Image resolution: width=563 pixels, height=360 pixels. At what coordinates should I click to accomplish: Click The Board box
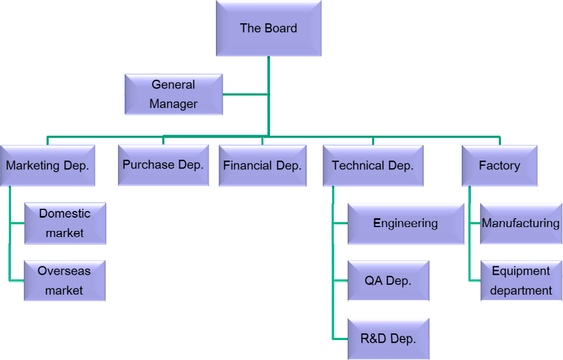(268, 28)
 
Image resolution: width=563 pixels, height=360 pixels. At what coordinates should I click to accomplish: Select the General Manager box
(174, 94)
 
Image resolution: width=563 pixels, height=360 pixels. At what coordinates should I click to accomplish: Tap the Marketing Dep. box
(48, 166)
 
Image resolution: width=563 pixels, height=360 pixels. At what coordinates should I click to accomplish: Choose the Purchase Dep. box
(163, 165)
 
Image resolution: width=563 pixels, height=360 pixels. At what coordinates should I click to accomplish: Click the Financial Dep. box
(262, 166)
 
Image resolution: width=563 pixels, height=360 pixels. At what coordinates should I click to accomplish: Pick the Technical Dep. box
(373, 166)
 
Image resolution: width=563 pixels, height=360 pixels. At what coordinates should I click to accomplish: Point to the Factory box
(499, 166)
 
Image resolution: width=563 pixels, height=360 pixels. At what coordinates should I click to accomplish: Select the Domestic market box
(65, 223)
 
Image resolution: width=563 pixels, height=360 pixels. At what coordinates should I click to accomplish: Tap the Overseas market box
(64, 281)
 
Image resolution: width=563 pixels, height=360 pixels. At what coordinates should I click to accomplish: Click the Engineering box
(406, 223)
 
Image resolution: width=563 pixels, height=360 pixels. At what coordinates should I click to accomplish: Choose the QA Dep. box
(388, 281)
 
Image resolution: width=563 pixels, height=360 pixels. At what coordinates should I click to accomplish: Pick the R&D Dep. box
(388, 339)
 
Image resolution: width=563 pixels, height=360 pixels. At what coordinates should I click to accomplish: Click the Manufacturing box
(521, 223)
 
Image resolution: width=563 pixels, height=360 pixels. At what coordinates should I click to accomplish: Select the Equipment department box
(521, 281)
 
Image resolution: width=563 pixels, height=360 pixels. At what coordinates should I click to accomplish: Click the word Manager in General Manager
(174, 104)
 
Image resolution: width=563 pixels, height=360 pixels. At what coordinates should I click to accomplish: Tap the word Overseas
(64, 271)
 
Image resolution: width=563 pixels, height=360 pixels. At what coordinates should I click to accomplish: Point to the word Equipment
(521, 271)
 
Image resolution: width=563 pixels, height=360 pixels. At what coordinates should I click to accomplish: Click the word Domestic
(65, 214)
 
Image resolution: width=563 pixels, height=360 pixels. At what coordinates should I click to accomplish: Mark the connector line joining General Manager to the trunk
(246, 95)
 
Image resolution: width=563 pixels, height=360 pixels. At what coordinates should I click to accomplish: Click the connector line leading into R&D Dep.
(340, 339)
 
